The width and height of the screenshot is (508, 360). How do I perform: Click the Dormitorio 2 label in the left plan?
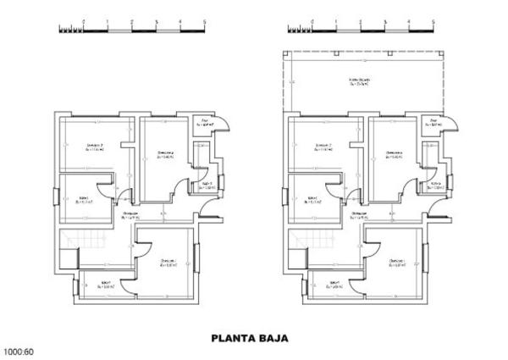click(96, 147)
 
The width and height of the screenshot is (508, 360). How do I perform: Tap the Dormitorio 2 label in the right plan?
click(324, 147)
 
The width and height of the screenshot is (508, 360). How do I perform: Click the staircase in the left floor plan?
click(81, 246)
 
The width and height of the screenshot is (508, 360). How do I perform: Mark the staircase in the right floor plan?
click(308, 246)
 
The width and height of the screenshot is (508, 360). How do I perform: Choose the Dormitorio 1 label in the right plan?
click(396, 262)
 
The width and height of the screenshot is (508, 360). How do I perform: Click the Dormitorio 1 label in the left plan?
click(168, 262)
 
